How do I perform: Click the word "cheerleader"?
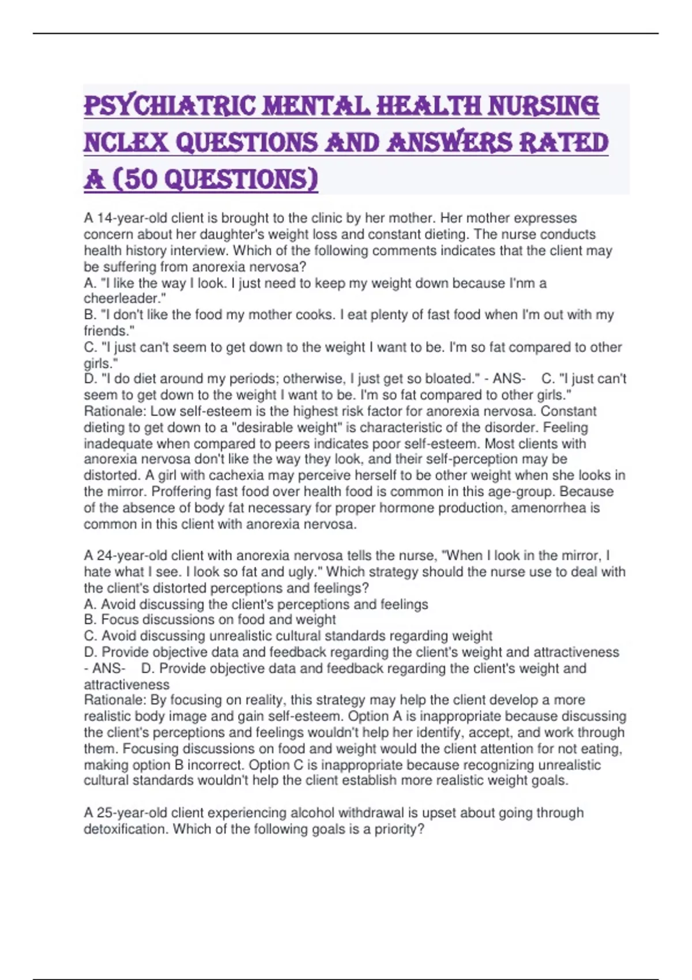(123, 299)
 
